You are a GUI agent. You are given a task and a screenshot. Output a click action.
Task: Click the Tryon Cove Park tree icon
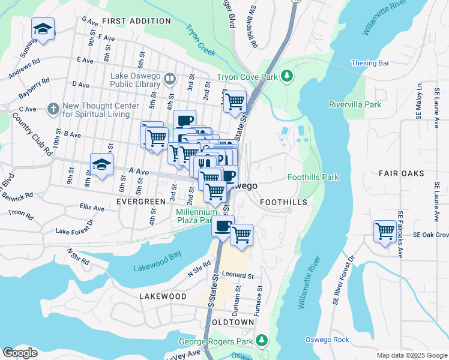point(288,76)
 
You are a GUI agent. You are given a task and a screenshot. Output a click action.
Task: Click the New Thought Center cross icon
point(53,109)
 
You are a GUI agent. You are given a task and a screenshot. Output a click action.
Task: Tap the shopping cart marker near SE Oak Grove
point(384,231)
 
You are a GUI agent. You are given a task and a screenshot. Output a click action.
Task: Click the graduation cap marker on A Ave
point(102,164)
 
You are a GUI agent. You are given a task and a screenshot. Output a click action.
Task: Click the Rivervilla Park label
point(355,104)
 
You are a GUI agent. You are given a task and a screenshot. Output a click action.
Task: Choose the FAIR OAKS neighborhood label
point(402,173)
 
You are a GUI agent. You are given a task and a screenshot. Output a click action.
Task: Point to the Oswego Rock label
point(327,340)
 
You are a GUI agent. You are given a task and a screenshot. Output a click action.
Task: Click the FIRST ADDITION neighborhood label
point(136,21)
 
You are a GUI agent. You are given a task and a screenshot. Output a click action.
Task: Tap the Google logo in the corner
point(20,353)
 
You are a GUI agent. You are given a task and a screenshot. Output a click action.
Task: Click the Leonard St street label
point(238,275)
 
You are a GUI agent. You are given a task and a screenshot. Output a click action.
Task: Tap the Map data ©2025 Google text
point(412,355)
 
